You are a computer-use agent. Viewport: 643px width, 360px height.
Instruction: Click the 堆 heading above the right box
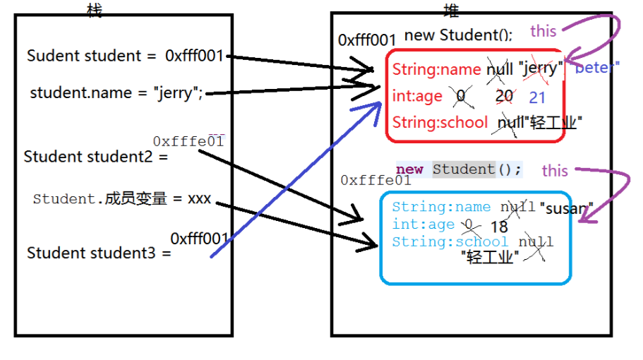click(451, 9)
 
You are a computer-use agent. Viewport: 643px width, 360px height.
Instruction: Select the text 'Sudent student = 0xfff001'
click(124, 56)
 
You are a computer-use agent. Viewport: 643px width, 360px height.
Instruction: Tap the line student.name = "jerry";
click(116, 92)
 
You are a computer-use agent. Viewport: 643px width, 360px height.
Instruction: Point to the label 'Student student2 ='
click(96, 157)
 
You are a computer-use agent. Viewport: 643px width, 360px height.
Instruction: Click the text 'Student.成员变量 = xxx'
click(122, 199)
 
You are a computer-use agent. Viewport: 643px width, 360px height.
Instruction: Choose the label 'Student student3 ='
click(99, 253)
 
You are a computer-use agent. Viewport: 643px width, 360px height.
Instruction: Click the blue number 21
click(537, 98)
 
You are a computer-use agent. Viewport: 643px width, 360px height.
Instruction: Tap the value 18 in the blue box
click(498, 227)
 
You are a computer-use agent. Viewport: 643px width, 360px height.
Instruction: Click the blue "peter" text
click(597, 68)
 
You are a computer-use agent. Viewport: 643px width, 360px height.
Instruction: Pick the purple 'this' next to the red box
click(543, 30)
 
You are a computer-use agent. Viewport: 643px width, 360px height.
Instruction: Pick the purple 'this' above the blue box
click(555, 170)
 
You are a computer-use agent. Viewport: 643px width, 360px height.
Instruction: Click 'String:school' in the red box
click(440, 122)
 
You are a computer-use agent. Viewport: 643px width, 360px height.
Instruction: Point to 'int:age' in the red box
click(417, 96)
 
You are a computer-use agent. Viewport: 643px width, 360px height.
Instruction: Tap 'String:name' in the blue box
click(441, 207)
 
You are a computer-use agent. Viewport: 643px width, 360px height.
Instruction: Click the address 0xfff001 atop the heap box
click(367, 40)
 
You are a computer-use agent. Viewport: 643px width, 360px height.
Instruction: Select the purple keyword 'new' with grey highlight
click(410, 169)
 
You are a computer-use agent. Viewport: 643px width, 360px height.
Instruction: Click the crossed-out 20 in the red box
click(504, 96)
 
